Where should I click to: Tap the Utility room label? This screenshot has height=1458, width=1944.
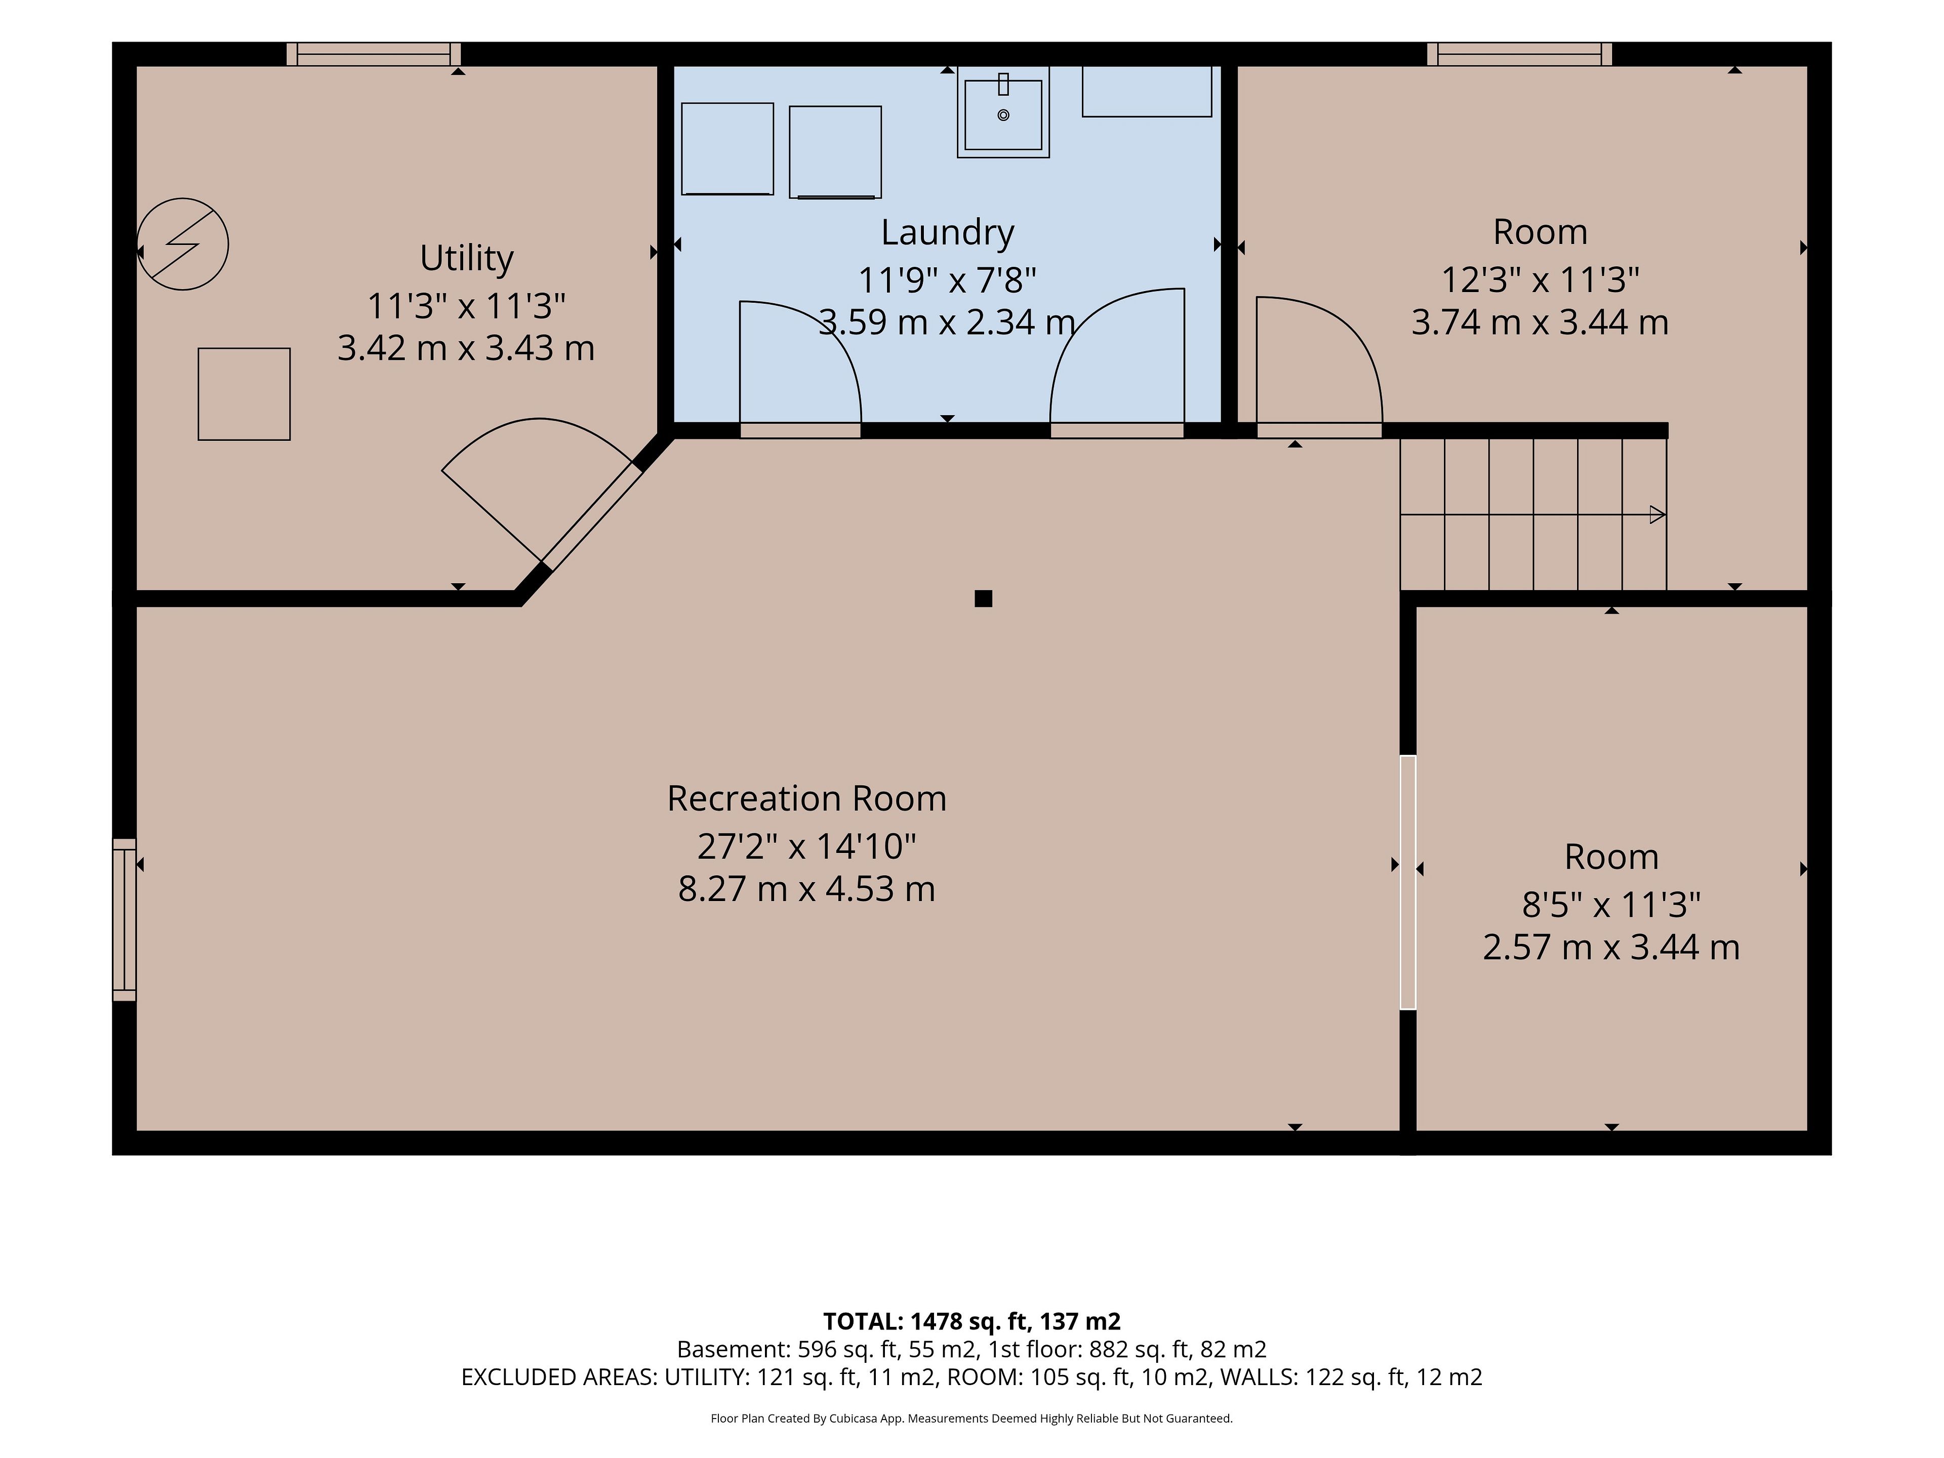pos(467,258)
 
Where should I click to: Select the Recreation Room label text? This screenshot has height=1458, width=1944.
pos(807,799)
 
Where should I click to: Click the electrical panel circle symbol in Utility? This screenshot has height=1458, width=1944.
pos(183,245)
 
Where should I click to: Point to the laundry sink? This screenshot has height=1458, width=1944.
pos(1003,112)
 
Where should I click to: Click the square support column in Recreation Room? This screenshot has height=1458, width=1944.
pos(984,598)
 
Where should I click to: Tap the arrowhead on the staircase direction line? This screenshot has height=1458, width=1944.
pos(1657,515)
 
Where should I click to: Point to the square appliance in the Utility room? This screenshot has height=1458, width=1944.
pos(245,394)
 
